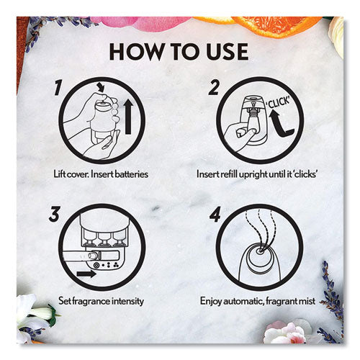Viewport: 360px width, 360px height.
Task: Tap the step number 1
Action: (58, 88)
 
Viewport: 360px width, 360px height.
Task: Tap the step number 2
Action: (214, 88)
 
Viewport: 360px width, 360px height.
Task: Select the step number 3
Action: (54, 214)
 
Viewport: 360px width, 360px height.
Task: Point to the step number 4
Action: (215, 214)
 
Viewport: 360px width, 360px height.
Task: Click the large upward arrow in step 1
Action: (128, 117)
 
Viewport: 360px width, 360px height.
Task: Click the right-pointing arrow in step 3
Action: (86, 274)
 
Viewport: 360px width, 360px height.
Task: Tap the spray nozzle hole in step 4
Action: (259, 251)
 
